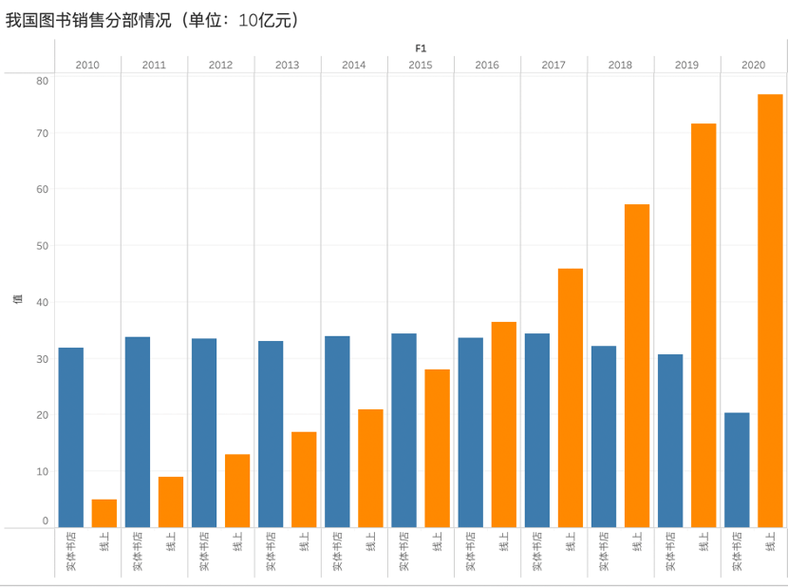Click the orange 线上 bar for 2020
(770, 311)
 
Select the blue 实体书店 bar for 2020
(737, 469)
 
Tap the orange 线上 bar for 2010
(104, 513)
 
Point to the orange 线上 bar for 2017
(571, 398)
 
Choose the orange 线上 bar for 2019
(704, 325)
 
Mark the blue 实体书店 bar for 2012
(204, 432)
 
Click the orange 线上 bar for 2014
(370, 468)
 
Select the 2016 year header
(487, 65)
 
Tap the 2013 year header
(287, 65)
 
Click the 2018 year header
(620, 65)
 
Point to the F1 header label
(421, 47)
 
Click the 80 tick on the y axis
(42, 81)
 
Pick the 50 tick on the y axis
(42, 245)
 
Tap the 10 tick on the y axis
(42, 471)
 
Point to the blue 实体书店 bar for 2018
(604, 436)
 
